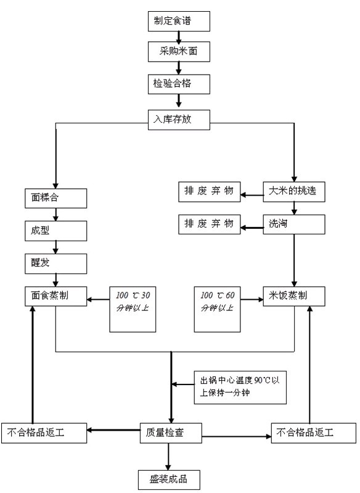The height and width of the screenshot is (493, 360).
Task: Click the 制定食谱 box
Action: click(x=179, y=22)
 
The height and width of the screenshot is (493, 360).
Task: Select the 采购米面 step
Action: click(x=179, y=52)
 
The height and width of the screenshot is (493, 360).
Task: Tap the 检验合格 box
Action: click(x=179, y=84)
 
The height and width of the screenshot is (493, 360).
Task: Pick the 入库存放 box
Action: click(x=179, y=118)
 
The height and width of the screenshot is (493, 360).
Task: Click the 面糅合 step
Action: click(x=55, y=198)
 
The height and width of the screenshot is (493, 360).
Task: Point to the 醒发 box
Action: click(x=55, y=263)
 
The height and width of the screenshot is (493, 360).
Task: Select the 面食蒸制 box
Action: click(x=55, y=296)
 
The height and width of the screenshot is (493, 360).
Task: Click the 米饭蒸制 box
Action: click(x=293, y=296)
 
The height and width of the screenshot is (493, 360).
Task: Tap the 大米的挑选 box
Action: click(x=293, y=191)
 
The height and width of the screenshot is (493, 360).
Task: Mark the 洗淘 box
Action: click(x=293, y=224)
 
